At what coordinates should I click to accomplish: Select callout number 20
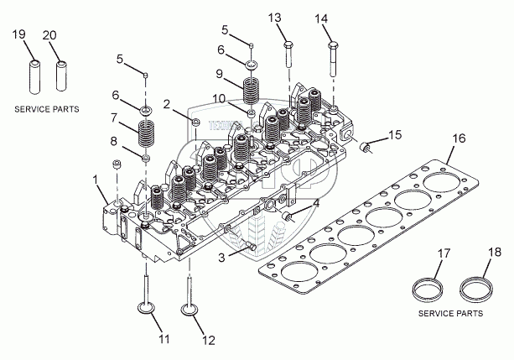tap(50, 34)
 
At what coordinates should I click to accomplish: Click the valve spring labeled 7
tap(148, 133)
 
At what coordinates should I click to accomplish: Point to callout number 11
tap(164, 339)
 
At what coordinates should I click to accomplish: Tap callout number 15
tap(394, 133)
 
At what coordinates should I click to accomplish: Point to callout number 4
tap(316, 202)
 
